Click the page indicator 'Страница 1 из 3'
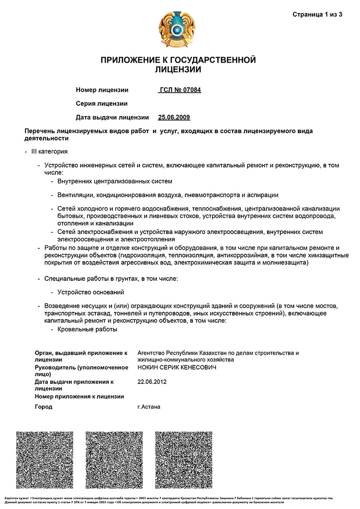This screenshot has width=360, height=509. tap(317, 14)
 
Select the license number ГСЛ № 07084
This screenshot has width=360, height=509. tap(180, 90)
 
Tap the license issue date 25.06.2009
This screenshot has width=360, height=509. tap(174, 117)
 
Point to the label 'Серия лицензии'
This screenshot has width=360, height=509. tap(102, 104)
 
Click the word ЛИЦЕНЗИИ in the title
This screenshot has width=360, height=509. tap(178, 70)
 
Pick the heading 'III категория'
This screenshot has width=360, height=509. tap(49, 152)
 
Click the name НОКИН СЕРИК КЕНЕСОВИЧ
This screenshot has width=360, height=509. tap(177, 368)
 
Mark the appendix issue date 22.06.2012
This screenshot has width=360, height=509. tap(152, 382)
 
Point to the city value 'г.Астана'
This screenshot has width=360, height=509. tap(149, 407)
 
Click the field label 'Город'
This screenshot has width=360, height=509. tap(44, 407)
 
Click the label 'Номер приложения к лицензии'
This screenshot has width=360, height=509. tap(79, 396)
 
